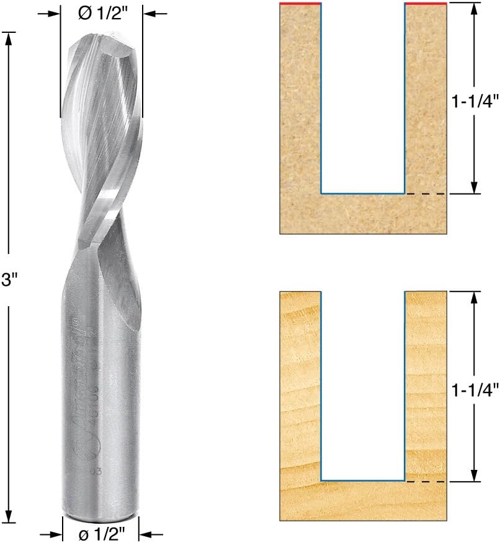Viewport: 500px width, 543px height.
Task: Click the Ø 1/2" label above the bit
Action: pos(102,13)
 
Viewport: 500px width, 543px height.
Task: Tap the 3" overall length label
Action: pos(8,280)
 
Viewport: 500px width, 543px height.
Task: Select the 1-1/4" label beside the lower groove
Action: pos(473,390)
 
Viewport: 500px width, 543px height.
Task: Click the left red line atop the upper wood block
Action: pos(300,4)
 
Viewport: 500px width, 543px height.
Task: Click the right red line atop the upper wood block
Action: pos(426,4)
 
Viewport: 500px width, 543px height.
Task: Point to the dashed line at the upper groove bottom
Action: pos(425,194)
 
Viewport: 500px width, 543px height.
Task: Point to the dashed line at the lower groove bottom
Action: pos(425,481)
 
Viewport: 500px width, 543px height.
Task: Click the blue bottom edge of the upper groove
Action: pos(363,194)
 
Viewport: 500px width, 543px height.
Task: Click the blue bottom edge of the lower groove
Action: pos(363,481)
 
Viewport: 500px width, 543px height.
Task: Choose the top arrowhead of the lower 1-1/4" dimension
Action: pos(474,296)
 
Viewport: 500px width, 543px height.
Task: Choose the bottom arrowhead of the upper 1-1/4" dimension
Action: pos(474,188)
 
